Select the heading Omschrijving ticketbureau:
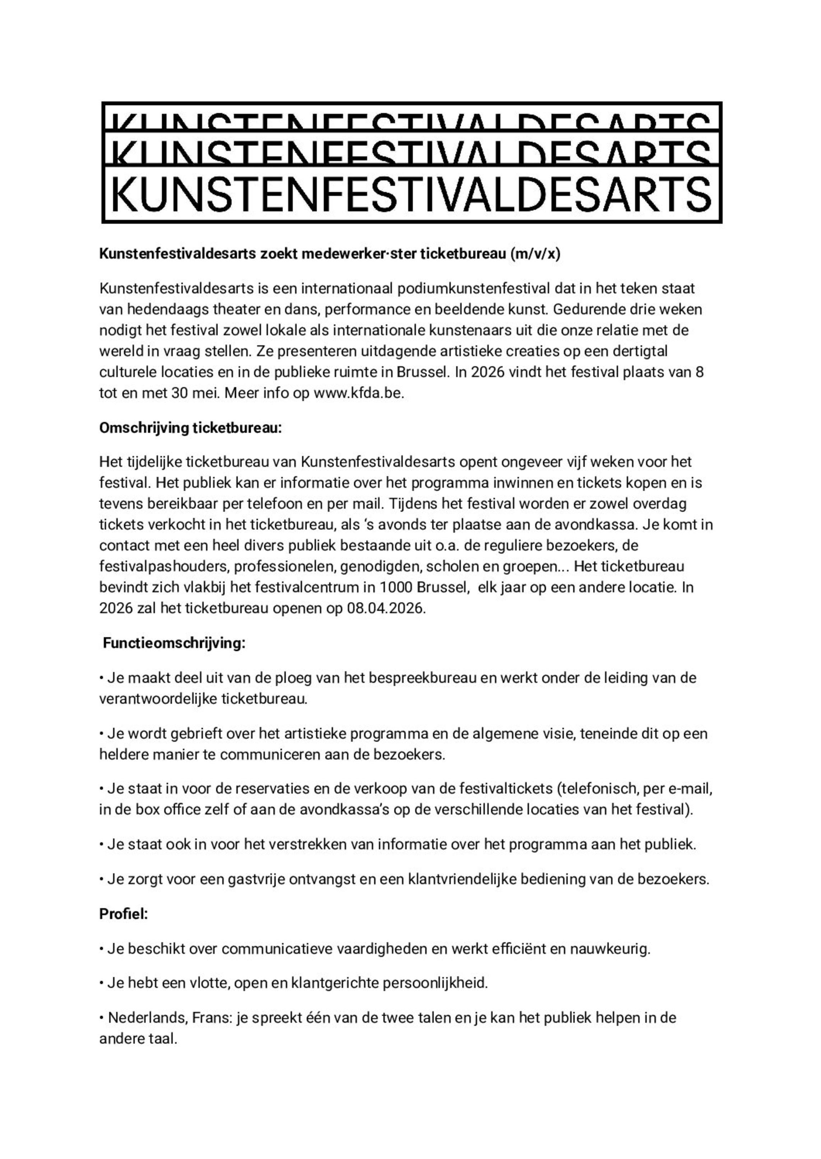point(190,428)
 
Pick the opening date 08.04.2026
point(385,608)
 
